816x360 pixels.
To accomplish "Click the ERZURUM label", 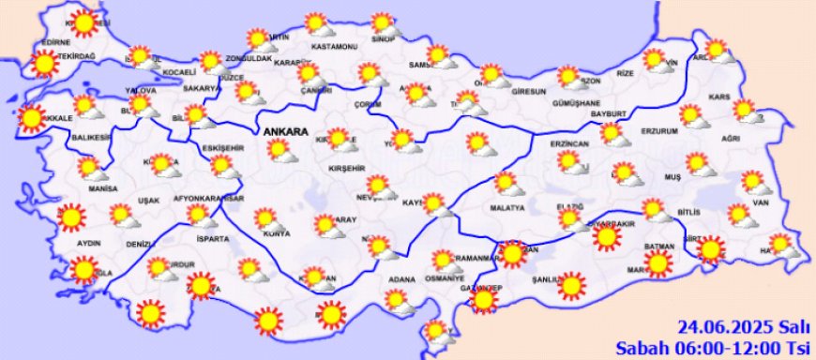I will [665, 131].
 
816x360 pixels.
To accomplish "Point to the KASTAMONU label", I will [335, 46].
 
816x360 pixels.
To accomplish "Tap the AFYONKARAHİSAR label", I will [208, 200].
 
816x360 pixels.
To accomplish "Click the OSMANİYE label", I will [445, 278].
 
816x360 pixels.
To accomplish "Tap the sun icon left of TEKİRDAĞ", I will [43, 63].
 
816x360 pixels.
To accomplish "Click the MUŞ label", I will [672, 175].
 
